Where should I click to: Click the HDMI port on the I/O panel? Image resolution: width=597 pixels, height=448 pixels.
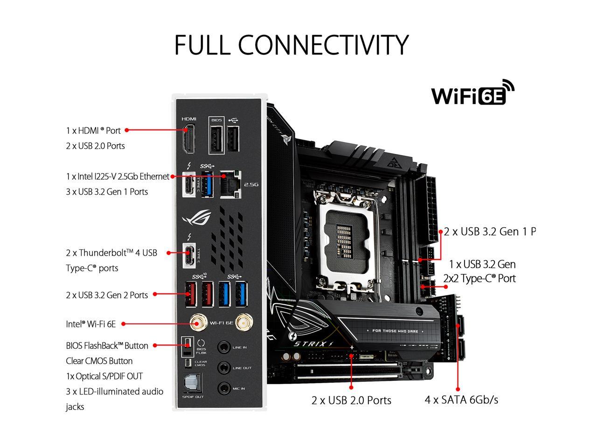click(x=189, y=139)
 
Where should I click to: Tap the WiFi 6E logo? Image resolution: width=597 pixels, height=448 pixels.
click(x=472, y=93)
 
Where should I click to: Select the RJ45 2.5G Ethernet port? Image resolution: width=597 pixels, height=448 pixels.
click(x=230, y=184)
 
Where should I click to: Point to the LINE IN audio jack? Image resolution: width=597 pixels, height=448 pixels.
click(x=224, y=347)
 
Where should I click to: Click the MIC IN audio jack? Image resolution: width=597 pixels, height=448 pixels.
click(x=224, y=388)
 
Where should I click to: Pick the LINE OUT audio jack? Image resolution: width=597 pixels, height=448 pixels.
click(x=224, y=368)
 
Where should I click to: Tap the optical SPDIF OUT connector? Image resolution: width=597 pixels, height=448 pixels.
click(x=192, y=384)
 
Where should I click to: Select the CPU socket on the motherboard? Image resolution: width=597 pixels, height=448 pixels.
click(x=350, y=238)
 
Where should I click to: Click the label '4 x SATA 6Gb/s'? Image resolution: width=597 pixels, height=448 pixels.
click(x=461, y=400)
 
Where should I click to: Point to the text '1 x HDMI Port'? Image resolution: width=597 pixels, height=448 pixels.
click(x=93, y=131)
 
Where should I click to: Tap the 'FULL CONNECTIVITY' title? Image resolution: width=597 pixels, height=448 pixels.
click(x=292, y=45)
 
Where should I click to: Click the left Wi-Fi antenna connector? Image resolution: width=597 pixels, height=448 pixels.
click(x=199, y=322)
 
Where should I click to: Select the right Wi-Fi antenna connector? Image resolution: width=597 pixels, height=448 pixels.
click(x=242, y=322)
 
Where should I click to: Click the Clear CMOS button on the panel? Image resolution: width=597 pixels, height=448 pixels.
click(x=187, y=363)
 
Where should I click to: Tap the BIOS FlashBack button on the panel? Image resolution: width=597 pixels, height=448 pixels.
click(x=187, y=344)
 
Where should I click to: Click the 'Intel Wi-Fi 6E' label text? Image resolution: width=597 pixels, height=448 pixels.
click(x=91, y=324)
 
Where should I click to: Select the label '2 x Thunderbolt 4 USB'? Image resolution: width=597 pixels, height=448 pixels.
click(x=111, y=253)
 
